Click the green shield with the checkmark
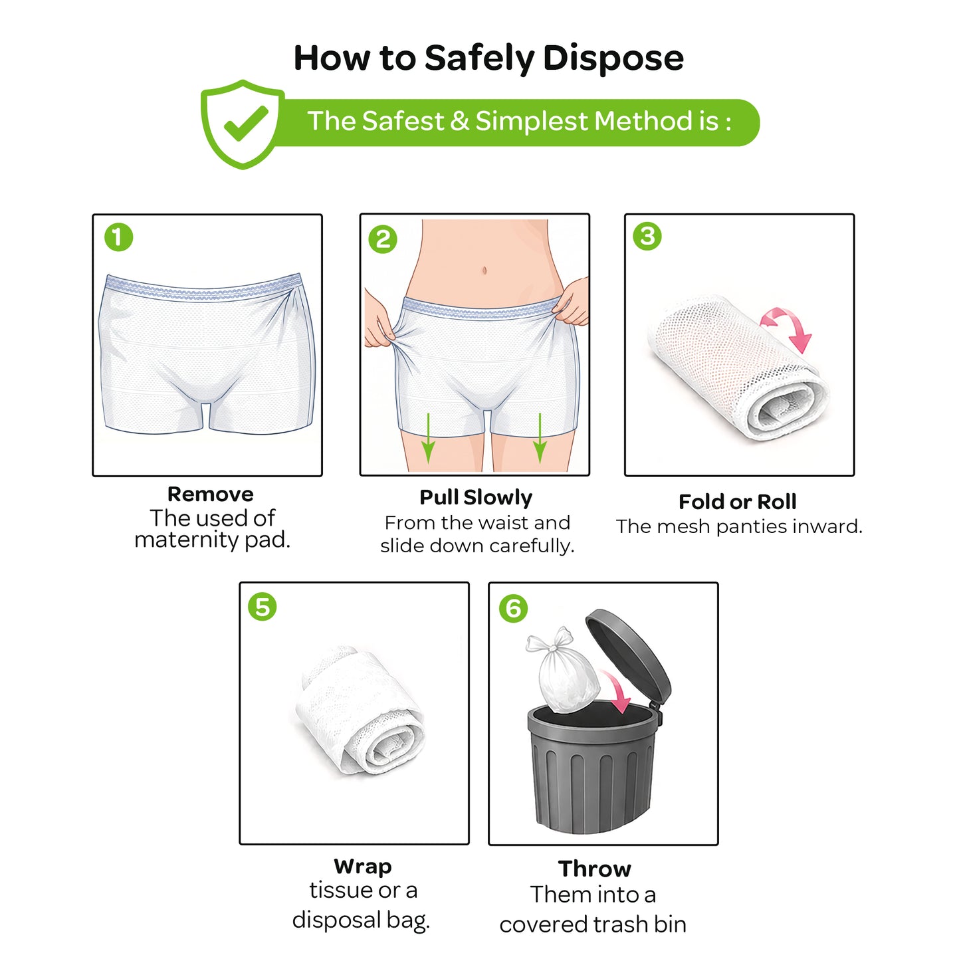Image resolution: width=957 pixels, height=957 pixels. click(x=243, y=124)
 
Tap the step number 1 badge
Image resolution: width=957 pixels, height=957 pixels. click(x=119, y=237)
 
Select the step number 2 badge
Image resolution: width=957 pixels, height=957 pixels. click(x=382, y=239)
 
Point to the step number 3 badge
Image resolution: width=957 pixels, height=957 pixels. click(x=647, y=236)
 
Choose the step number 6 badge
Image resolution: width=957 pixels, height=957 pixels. click(x=513, y=608)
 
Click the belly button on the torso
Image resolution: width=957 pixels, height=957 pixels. click(x=484, y=270)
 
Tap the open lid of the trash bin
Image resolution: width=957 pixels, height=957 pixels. click(x=628, y=655)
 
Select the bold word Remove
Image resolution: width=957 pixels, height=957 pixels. click(x=211, y=494)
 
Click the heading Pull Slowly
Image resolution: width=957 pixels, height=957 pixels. click(x=476, y=498)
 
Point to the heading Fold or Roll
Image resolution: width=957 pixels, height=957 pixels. click(x=738, y=502)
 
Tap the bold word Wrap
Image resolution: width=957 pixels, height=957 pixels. click(x=363, y=867)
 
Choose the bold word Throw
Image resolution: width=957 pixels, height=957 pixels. click(x=594, y=869)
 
